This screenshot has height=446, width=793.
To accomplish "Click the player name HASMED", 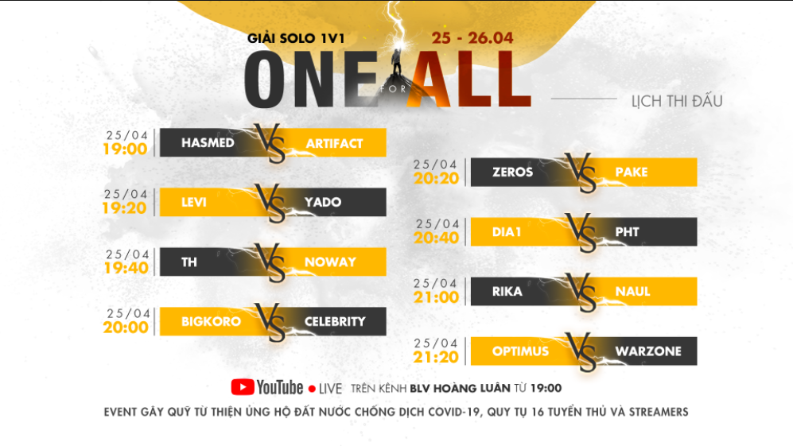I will (x=208, y=143).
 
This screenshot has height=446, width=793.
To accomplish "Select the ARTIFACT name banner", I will (x=334, y=143).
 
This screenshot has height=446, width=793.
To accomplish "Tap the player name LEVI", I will (x=193, y=202).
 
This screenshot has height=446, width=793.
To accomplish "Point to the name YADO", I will (x=323, y=202).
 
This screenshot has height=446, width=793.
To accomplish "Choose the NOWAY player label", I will (x=330, y=262).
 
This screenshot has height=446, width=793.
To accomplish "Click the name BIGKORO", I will (x=211, y=321).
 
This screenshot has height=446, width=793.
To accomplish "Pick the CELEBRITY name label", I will (x=335, y=321).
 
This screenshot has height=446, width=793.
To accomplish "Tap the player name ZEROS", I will (x=512, y=172).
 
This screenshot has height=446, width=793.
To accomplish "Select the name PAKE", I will (x=632, y=172).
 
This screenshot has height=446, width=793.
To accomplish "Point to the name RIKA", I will (x=507, y=291).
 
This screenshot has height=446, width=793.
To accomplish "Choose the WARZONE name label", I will (x=647, y=351).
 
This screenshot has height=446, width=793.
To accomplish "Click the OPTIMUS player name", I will (x=520, y=351).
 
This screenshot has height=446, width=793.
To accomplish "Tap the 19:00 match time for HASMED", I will (x=126, y=149).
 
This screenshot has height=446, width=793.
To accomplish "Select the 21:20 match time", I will (x=436, y=357).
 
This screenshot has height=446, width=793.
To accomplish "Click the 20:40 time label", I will (x=436, y=238).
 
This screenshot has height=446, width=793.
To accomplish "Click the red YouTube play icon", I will (x=243, y=387).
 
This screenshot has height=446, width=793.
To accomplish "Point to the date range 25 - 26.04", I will (x=472, y=37).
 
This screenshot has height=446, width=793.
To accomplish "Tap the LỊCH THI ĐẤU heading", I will (x=676, y=101).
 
